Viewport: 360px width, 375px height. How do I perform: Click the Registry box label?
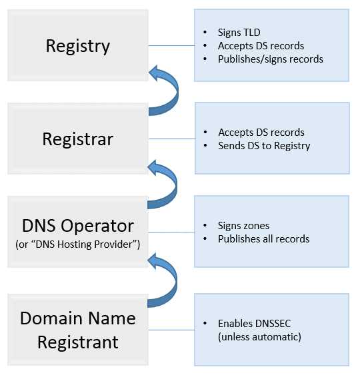(x=77, y=46)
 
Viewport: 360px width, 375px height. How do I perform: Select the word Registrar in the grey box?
(x=77, y=139)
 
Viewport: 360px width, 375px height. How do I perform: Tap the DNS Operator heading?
(x=77, y=225)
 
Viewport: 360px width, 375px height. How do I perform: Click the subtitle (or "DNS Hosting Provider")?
(x=77, y=244)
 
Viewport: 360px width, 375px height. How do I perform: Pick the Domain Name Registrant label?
(x=77, y=330)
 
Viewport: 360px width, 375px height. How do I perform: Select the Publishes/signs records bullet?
(x=270, y=59)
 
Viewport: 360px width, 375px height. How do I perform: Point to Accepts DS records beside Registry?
(x=261, y=46)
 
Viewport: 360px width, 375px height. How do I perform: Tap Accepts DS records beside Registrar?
(x=261, y=132)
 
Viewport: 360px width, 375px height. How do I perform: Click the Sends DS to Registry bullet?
(x=264, y=145)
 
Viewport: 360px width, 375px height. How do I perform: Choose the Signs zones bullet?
(x=243, y=225)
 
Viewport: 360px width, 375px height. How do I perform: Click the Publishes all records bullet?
(x=263, y=238)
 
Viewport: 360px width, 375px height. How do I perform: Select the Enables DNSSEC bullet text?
(x=254, y=324)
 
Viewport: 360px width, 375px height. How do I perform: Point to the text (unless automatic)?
(x=259, y=337)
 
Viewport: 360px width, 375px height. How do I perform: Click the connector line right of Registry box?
(x=171, y=46)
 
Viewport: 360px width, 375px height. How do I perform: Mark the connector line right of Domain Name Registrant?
(x=171, y=330)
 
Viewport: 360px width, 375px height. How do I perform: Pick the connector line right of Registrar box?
(x=171, y=139)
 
